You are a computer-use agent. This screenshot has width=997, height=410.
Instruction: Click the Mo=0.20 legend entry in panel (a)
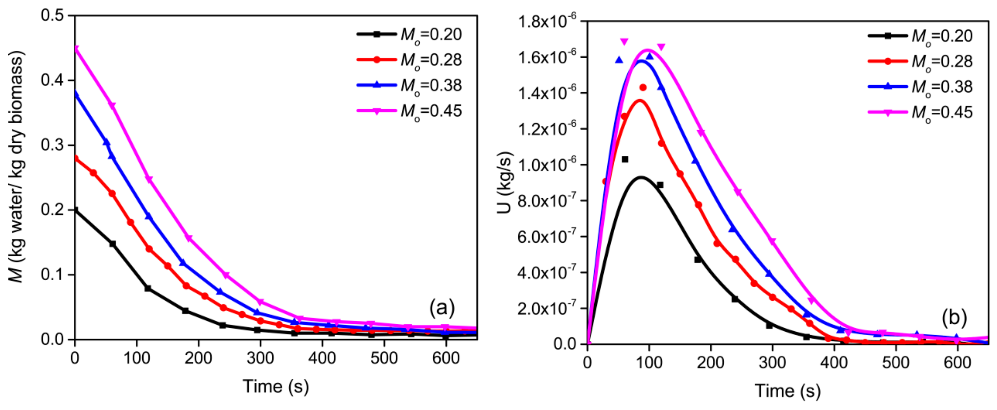point(409,35)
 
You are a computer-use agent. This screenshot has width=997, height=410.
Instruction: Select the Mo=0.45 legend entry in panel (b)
point(920,113)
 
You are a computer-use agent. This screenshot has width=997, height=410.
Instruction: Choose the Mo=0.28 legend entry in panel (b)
point(920,62)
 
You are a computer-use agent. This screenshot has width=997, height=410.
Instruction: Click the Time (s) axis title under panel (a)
point(276,386)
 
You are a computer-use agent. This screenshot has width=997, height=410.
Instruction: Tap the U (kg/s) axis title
point(504,182)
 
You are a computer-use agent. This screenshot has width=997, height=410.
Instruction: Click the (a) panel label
point(442,308)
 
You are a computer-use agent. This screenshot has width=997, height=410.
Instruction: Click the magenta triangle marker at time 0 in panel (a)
point(76,49)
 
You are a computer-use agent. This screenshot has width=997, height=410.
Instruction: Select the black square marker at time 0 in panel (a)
point(75,210)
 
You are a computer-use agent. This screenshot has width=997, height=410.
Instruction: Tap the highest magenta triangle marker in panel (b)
point(624,41)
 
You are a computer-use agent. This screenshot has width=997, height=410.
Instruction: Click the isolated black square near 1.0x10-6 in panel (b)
point(625,159)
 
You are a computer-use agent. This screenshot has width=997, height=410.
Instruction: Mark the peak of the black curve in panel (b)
point(641,177)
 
